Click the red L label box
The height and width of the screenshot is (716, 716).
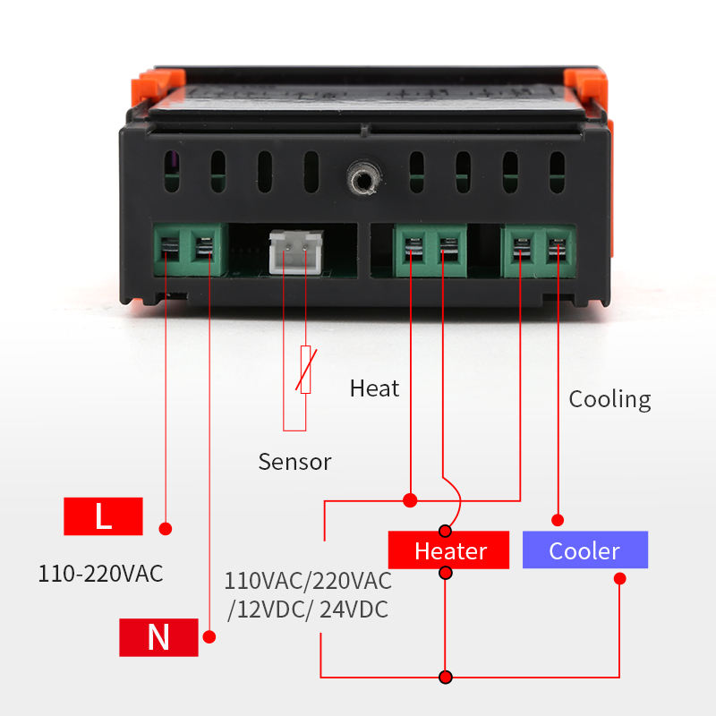(103, 516)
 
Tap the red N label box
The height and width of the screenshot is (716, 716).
(158, 636)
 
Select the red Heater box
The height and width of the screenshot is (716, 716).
(449, 550)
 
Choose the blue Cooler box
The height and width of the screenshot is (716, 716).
(584, 550)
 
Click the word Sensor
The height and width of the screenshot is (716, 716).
(294, 462)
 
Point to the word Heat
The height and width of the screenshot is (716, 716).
(374, 388)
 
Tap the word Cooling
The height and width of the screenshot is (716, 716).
(609, 399)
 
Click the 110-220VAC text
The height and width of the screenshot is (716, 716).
(100, 574)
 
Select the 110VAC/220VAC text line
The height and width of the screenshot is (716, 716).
(308, 582)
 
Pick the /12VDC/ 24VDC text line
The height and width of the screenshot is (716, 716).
(308, 610)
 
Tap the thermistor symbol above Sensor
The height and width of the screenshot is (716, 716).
(305, 369)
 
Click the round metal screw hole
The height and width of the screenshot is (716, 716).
(362, 177)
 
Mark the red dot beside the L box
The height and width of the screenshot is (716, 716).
(165, 528)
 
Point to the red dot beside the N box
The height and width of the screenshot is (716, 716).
(209, 637)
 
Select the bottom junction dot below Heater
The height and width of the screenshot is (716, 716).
(446, 677)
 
